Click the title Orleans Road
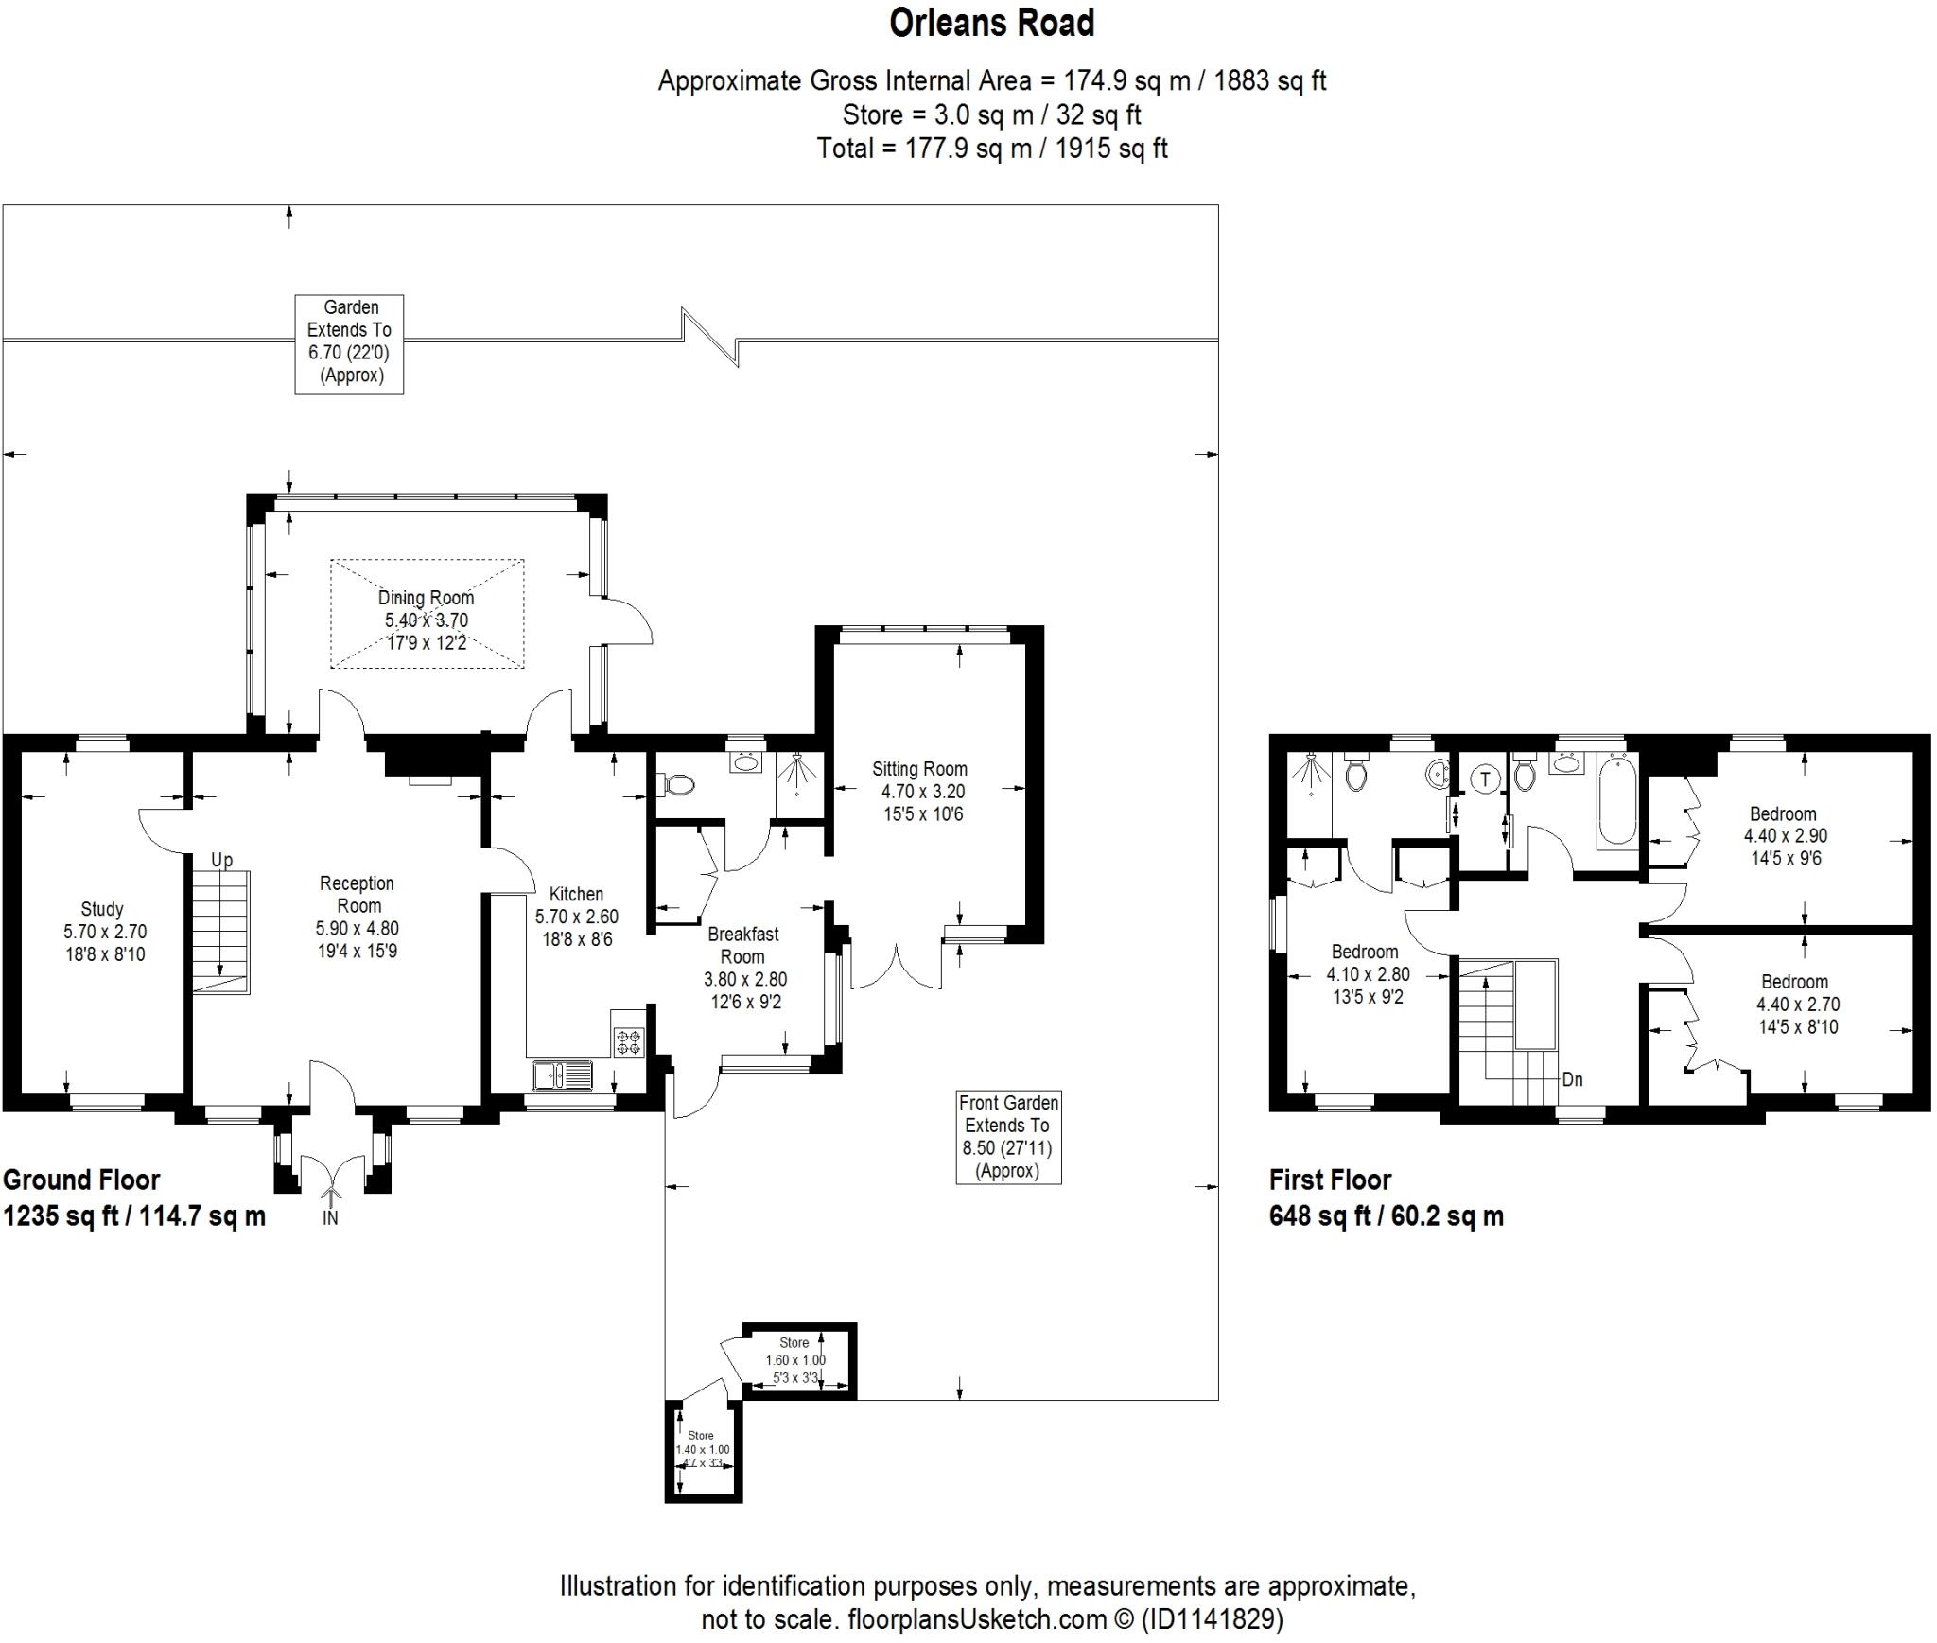click(x=991, y=24)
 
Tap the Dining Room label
click(x=426, y=598)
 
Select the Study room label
click(x=101, y=909)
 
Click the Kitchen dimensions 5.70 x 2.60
click(x=576, y=917)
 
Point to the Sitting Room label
click(x=919, y=769)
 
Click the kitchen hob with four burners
click(x=629, y=1042)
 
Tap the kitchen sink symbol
click(x=562, y=1075)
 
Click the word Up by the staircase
click(x=221, y=860)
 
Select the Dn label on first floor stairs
click(x=1572, y=1079)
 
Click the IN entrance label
click(x=330, y=1218)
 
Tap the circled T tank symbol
click(x=1486, y=779)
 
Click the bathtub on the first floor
click(x=1616, y=800)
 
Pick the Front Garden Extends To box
click(x=1008, y=1136)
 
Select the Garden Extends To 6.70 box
click(x=349, y=342)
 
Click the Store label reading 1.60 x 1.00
click(x=794, y=1360)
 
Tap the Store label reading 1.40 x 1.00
click(x=701, y=1449)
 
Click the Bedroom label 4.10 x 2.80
click(x=1367, y=973)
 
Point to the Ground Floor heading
click(x=81, y=1180)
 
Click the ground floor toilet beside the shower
click(x=679, y=784)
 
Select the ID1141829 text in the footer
click(x=1213, y=1619)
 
